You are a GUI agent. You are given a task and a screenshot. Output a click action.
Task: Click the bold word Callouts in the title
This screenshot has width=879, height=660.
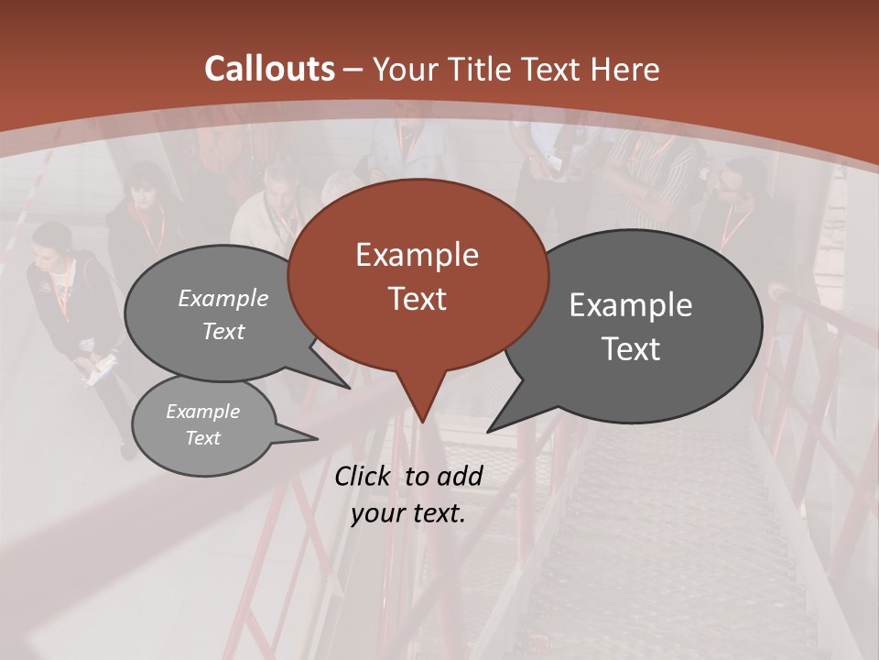(x=269, y=69)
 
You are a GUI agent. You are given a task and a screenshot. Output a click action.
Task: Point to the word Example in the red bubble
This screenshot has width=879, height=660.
(x=417, y=255)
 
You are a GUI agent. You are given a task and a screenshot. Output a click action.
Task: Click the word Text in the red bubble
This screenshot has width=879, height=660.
(x=417, y=299)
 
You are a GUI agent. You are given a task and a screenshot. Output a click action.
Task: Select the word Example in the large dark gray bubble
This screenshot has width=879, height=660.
(x=631, y=305)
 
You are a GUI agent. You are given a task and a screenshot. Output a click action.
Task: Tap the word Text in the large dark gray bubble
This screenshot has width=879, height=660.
(x=631, y=349)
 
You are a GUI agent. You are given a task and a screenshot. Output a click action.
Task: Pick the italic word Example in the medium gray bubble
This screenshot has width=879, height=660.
(x=223, y=298)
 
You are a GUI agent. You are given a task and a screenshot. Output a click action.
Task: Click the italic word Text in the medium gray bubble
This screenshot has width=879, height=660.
(x=223, y=331)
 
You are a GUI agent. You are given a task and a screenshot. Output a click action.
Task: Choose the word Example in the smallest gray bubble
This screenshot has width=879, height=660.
(x=202, y=412)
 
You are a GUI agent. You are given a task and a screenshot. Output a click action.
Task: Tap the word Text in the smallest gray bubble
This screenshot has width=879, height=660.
(x=202, y=438)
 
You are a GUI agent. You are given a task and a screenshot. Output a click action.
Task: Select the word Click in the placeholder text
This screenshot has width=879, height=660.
(x=363, y=476)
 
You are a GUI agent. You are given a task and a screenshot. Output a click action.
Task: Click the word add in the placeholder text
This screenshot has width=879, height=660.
(x=459, y=476)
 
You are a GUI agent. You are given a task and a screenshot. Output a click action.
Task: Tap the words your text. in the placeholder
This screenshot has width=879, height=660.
(x=408, y=513)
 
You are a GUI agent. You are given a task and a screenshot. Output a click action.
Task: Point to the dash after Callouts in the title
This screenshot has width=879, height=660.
(x=353, y=69)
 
